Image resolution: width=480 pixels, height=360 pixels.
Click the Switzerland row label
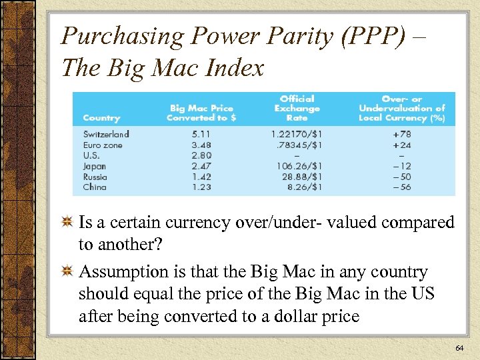pos(106,134)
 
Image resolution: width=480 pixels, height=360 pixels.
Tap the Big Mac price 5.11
pos(201,134)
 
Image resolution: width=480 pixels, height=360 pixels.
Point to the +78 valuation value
pos(402,134)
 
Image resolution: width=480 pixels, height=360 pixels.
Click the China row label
pos(95,187)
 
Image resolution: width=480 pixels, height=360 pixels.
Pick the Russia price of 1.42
pos(201,177)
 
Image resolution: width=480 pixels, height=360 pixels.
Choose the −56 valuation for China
pos(402,187)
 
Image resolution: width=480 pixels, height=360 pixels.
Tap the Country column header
pos(101,118)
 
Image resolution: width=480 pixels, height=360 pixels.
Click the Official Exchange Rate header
pos(297,108)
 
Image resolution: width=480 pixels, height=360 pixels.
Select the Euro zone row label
pos(103,145)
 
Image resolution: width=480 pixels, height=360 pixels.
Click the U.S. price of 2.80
pos(201,155)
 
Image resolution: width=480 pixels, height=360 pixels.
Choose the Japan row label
pos(95,166)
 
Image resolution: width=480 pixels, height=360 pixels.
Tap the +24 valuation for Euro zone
pos(402,145)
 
